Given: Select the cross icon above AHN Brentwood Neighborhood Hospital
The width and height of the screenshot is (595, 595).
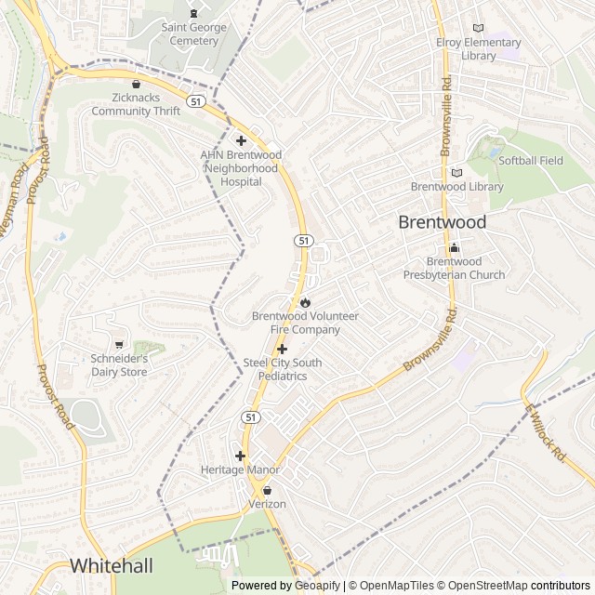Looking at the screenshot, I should tap(241, 141).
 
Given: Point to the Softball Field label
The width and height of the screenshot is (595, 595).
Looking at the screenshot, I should tap(531, 161).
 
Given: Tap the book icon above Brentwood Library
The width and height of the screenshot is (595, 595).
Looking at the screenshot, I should tap(456, 173).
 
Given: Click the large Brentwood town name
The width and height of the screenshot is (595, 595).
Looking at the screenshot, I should tap(443, 222).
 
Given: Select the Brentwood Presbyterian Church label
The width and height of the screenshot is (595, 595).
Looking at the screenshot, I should tap(454, 268).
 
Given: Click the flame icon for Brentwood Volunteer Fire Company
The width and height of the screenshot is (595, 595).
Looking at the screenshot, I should tap(305, 302).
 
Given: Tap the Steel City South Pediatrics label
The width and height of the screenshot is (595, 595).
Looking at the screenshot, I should tap(282, 369).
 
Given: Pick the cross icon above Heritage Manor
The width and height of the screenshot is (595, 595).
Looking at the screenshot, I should tap(241, 456).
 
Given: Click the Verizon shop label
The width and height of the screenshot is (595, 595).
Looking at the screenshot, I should tap(267, 504).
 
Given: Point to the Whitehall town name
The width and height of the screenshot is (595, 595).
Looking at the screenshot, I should tap(105, 565).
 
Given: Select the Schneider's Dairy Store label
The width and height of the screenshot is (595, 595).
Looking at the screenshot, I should tap(119, 365).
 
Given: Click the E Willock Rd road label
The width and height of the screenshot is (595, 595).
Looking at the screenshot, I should tap(546, 433).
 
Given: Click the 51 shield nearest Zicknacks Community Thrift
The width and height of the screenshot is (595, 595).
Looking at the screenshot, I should tap(194, 100).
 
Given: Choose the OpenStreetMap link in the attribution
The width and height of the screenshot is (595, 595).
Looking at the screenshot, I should tap(483, 586).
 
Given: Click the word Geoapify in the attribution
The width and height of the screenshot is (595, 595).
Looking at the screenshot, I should tap(319, 586).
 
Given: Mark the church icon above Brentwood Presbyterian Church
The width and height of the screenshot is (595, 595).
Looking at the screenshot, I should tap(454, 247).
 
